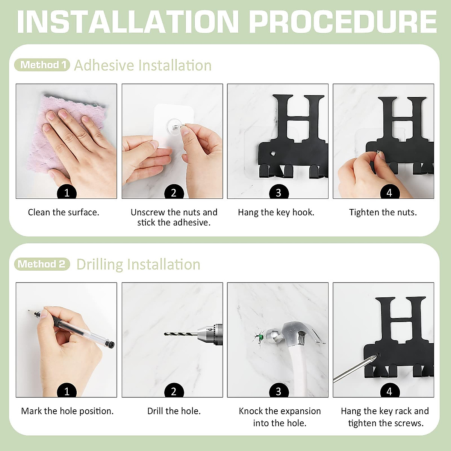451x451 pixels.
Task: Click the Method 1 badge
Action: [42, 65]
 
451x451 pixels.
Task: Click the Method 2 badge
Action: [42, 264]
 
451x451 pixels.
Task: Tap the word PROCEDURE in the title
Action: [343, 22]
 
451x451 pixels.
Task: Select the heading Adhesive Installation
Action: [143, 65]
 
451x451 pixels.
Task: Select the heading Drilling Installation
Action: [138, 265]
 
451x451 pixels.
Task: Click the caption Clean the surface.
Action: [64, 212]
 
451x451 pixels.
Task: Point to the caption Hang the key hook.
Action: [276, 212]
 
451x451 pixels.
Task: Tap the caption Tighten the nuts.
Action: [383, 212]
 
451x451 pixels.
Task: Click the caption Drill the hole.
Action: [174, 411]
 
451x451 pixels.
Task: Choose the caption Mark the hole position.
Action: [67, 411]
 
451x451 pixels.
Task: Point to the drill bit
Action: [181, 334]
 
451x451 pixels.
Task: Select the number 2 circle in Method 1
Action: [174, 192]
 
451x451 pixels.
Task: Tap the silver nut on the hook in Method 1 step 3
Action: [273, 154]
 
